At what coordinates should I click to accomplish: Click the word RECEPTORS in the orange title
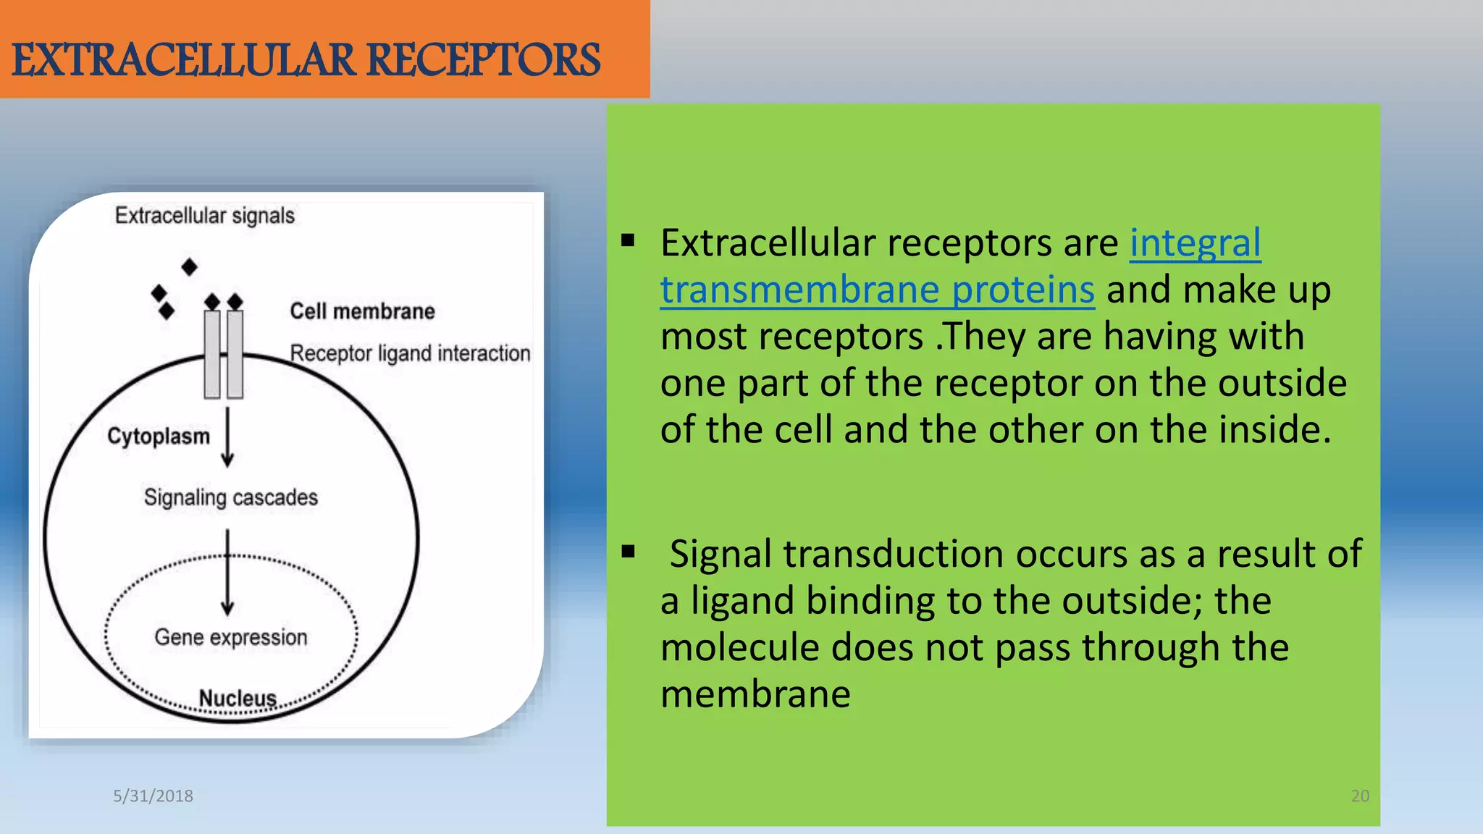pos(484,60)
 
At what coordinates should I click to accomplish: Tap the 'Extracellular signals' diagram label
pos(205,216)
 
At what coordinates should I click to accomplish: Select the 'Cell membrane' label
pos(362,311)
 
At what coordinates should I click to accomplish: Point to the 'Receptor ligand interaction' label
pos(410,353)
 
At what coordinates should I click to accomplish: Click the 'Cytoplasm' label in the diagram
pos(159,436)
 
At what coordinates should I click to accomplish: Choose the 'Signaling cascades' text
pos(230,497)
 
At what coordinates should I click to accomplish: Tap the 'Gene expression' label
pos(230,637)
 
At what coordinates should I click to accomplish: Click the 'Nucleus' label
pos(238,698)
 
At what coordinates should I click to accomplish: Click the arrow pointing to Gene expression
pos(227,572)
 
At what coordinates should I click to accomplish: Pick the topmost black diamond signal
pos(190,267)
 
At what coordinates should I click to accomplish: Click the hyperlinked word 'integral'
pos(1195,243)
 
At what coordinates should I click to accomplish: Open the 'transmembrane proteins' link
pos(877,290)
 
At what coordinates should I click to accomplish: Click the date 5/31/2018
pos(153,796)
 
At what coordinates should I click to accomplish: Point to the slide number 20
pos(1360,796)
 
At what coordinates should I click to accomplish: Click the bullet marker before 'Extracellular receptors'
pos(628,241)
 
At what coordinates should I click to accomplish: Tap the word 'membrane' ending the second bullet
pos(755,694)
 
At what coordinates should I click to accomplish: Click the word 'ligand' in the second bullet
pos(741,601)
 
